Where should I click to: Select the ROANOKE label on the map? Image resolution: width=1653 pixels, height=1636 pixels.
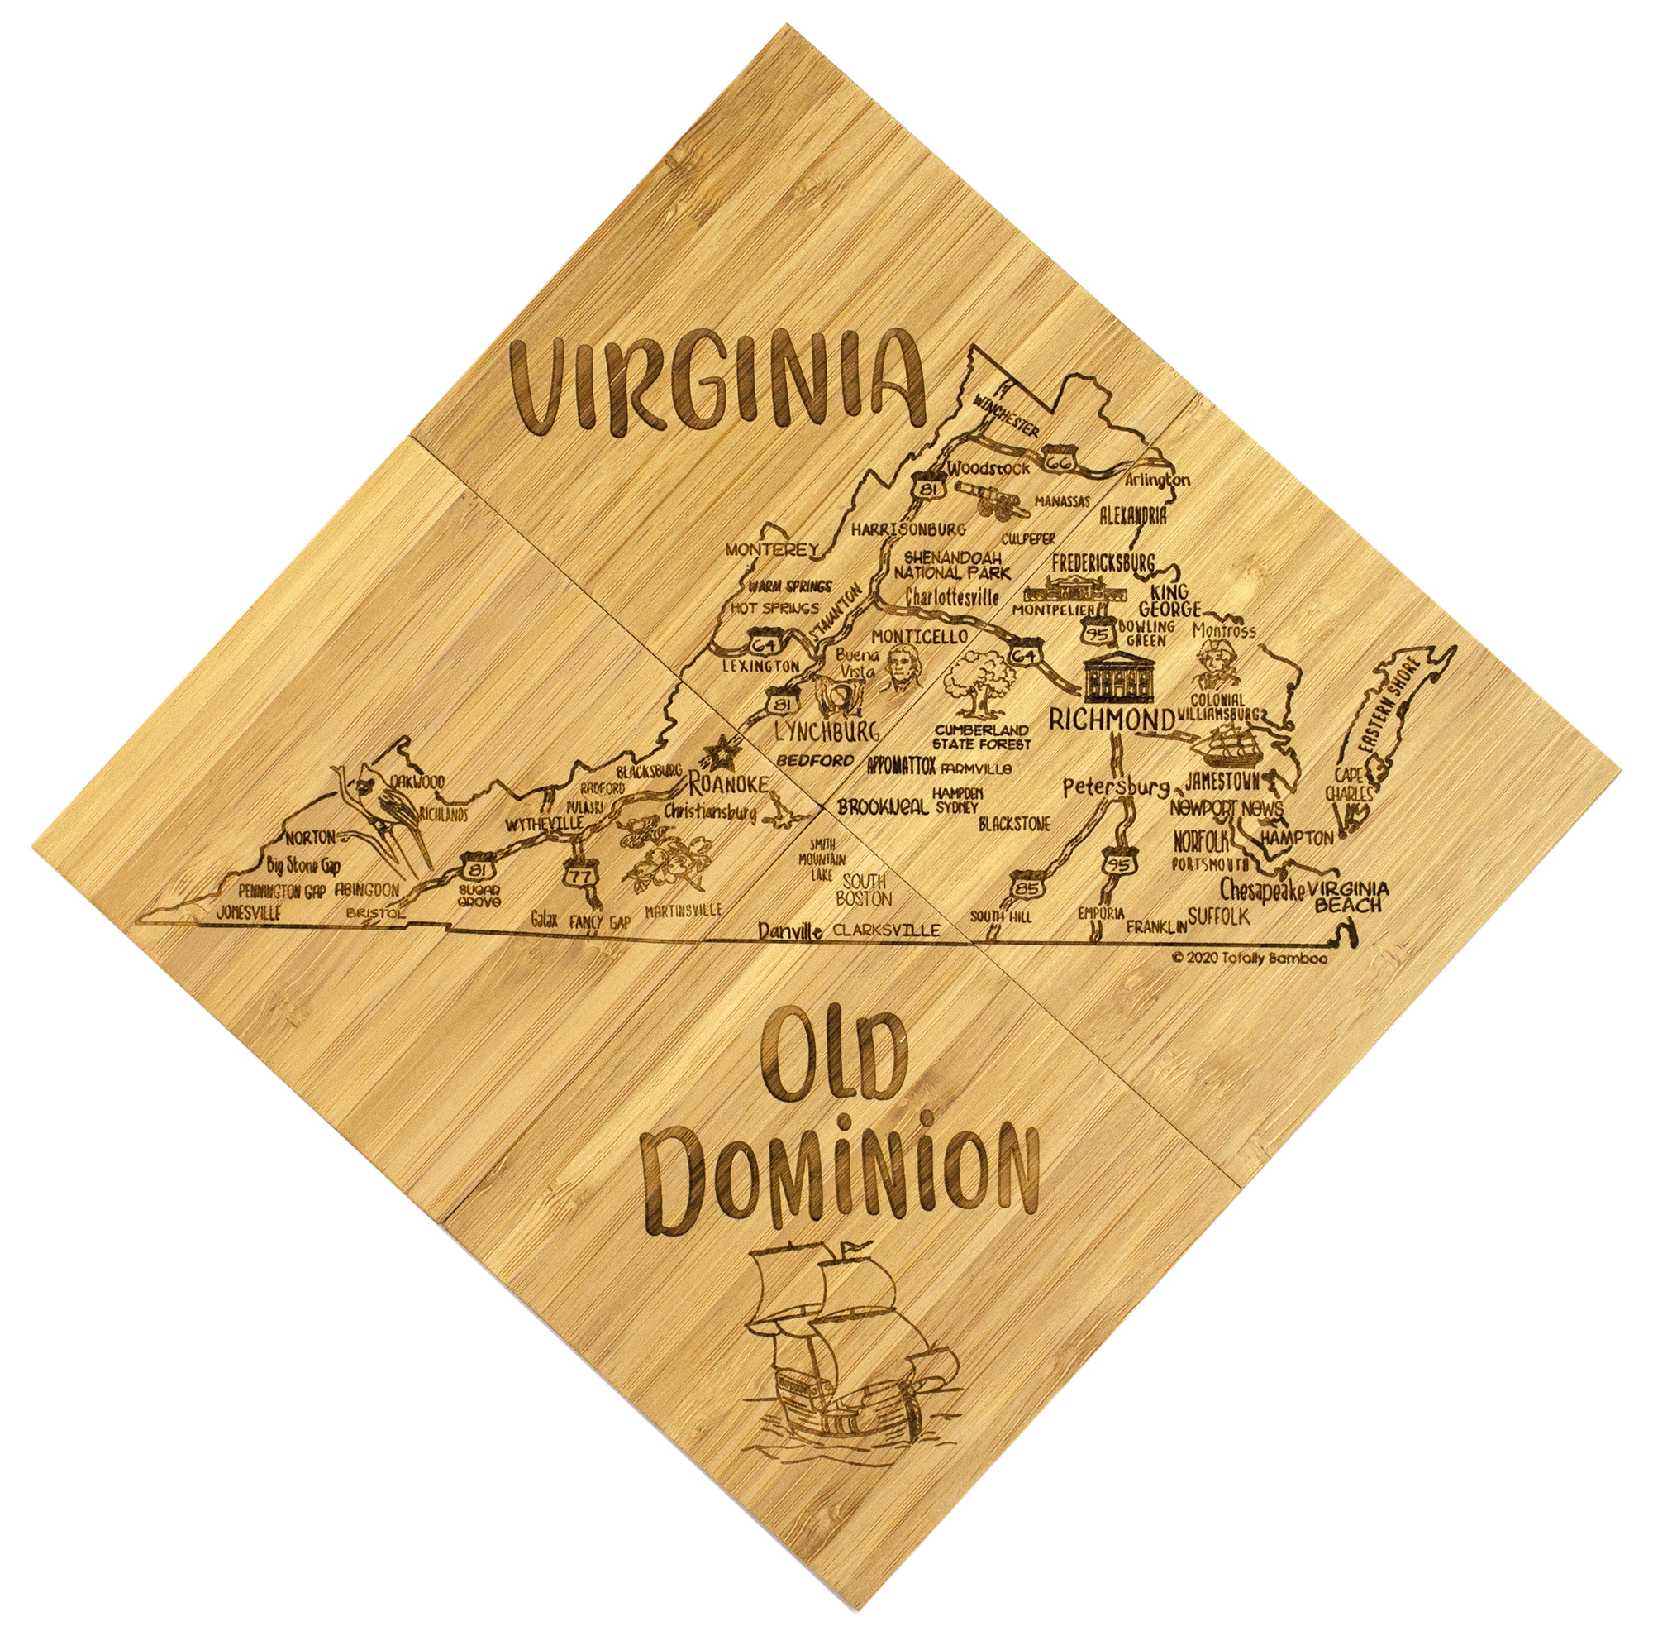[729, 783]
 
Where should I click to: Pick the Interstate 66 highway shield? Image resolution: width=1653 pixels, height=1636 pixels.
[1060, 460]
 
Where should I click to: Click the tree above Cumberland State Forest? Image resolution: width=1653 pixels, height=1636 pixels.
[979, 681]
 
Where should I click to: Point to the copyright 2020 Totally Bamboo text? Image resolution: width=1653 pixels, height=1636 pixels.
[1249, 958]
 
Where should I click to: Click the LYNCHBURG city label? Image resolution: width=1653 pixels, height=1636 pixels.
[826, 731]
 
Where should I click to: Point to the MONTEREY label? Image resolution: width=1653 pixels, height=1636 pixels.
[772, 548]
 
